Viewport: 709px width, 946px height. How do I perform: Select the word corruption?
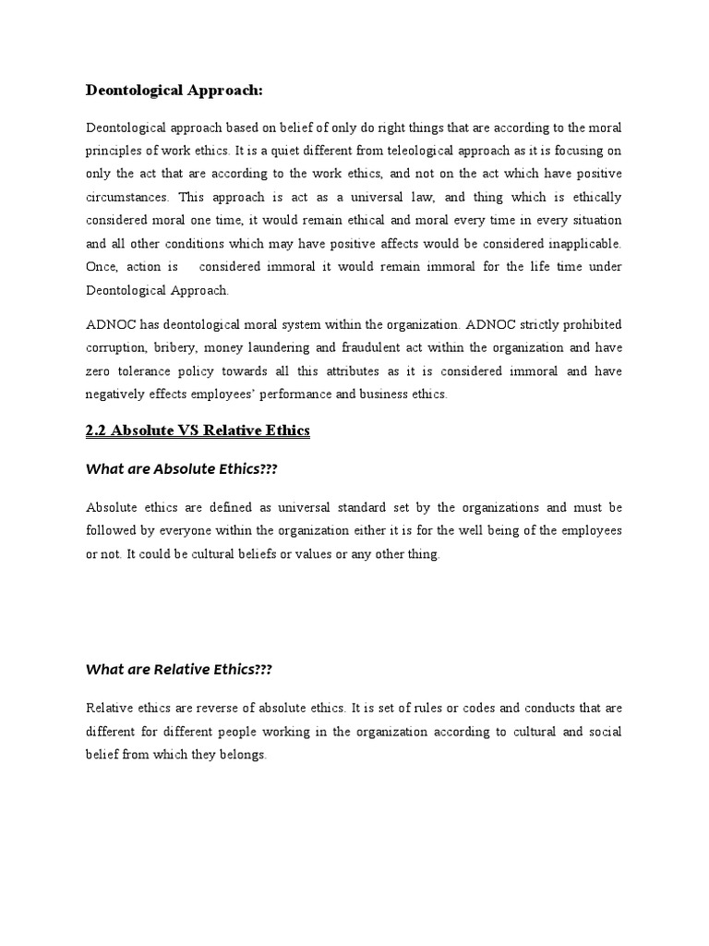pyautogui.click(x=116, y=347)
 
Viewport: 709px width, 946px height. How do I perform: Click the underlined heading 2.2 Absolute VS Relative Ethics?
pyautogui.click(x=198, y=431)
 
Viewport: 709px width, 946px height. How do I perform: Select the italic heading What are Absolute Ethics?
pyautogui.click(x=182, y=469)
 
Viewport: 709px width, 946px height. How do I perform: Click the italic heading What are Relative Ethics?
pyautogui.click(x=179, y=670)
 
